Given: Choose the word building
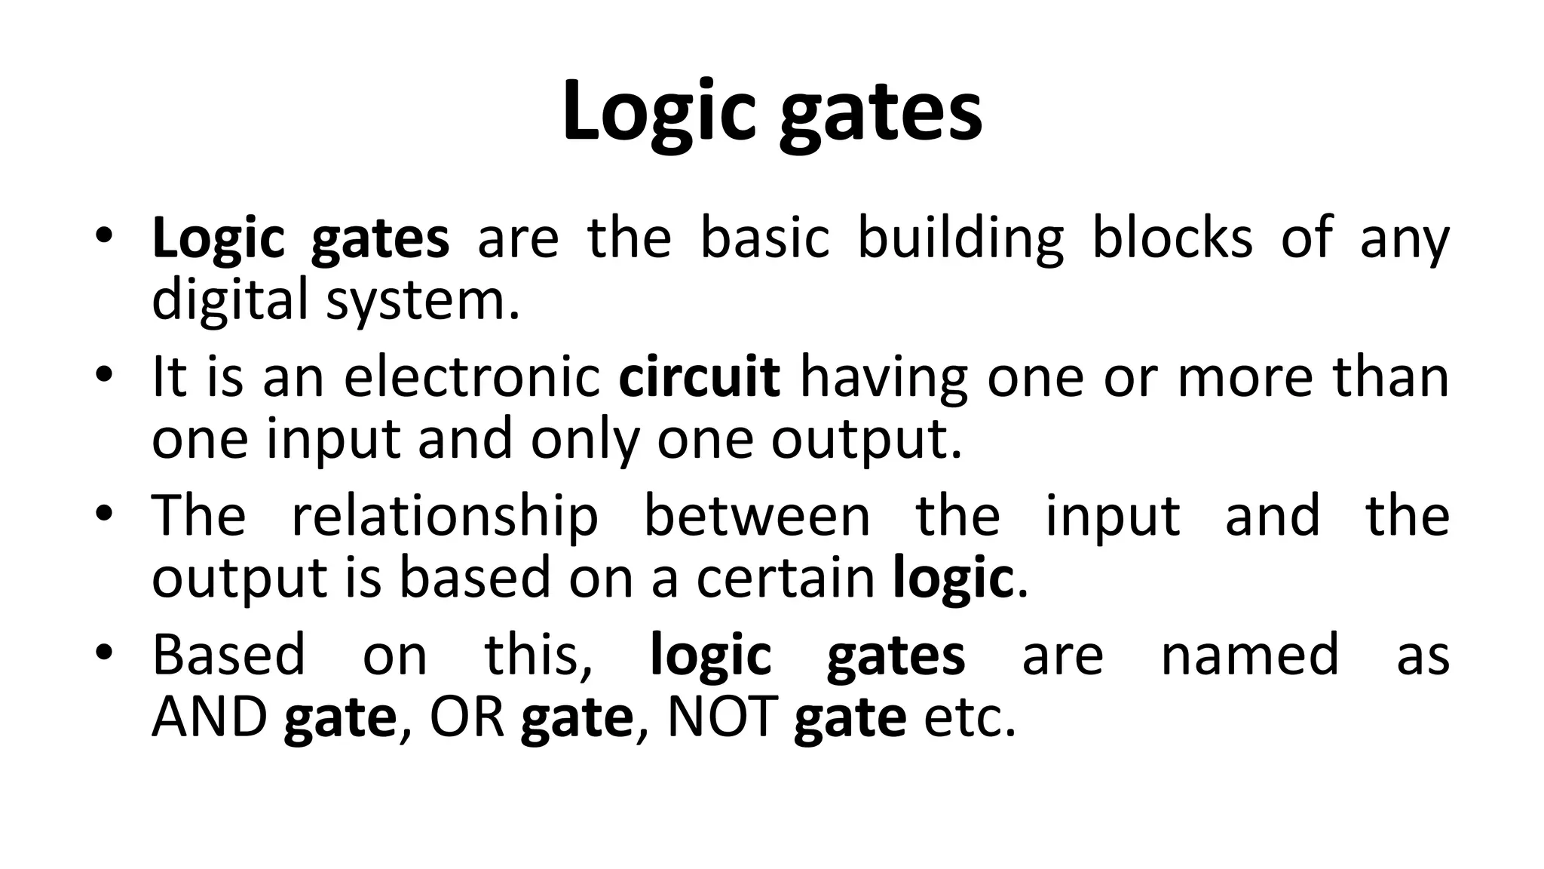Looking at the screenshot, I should click(960, 240).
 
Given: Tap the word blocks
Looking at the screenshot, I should click(1172, 238).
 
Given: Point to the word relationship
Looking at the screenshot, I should click(445, 518).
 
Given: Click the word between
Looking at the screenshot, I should click(757, 517).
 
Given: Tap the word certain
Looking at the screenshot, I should click(784, 579).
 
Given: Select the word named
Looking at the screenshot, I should click(1249, 655).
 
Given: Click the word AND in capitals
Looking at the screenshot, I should click(209, 717).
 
